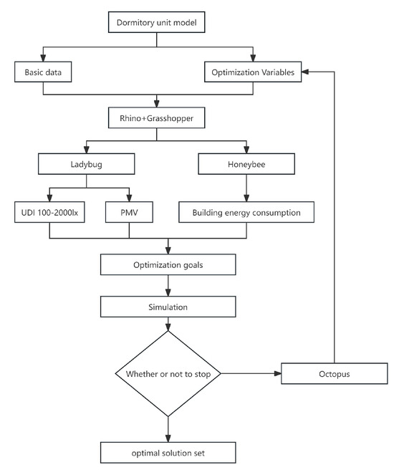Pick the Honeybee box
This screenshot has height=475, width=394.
(247, 165)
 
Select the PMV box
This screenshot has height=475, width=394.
(128, 213)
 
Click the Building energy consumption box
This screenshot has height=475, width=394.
(247, 213)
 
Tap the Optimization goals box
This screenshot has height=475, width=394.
(168, 264)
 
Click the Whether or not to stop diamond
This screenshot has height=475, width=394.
(168, 373)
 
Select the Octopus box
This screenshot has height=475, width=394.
(334, 373)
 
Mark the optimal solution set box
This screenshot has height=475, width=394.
(168, 453)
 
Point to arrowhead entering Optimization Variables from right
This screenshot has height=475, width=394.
(305, 72)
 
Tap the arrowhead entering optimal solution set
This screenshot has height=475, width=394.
(168, 438)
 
